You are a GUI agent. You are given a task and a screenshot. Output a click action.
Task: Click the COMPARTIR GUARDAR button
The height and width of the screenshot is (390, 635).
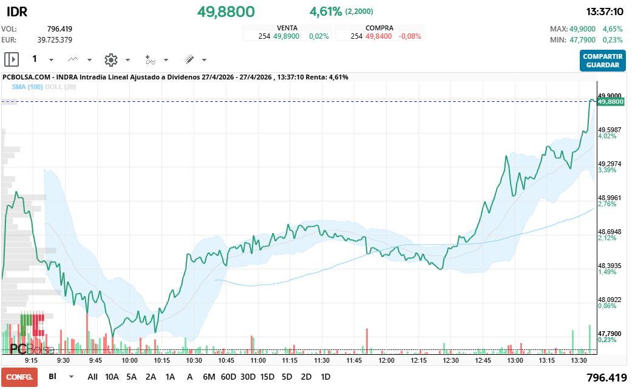[x=602, y=61]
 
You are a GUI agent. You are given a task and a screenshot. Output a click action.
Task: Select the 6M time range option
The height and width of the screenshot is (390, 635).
[x=209, y=377]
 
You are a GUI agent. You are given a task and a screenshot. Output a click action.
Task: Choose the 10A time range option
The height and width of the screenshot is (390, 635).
[x=112, y=377]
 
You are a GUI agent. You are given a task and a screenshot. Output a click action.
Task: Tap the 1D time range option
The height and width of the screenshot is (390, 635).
[x=325, y=377]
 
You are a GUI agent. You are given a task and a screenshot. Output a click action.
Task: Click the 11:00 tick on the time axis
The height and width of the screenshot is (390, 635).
[x=258, y=360]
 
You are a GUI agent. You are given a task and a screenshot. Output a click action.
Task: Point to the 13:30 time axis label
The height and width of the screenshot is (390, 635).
[x=580, y=360]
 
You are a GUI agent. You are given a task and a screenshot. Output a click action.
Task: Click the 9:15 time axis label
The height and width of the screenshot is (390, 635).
[x=32, y=360]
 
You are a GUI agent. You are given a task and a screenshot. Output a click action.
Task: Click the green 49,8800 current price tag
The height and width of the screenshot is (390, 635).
[x=611, y=102]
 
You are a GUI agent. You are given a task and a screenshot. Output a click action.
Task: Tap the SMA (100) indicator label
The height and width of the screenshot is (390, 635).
[x=27, y=87]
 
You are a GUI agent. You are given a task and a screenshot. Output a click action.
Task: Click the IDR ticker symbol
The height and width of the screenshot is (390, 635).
[x=16, y=12]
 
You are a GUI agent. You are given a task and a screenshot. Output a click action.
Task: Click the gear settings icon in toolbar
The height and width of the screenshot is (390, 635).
[x=110, y=59]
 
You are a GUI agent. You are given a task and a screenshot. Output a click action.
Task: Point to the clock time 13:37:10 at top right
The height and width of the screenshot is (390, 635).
[x=605, y=12]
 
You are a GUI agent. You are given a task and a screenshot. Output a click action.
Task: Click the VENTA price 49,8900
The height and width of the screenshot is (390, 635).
[x=286, y=36]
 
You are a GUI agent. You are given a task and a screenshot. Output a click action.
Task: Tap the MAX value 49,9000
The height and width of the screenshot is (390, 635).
[x=583, y=29]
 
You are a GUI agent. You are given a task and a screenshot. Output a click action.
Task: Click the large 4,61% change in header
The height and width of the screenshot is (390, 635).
[x=325, y=12]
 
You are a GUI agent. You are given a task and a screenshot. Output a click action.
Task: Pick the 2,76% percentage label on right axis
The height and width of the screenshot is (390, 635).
[x=607, y=204]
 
